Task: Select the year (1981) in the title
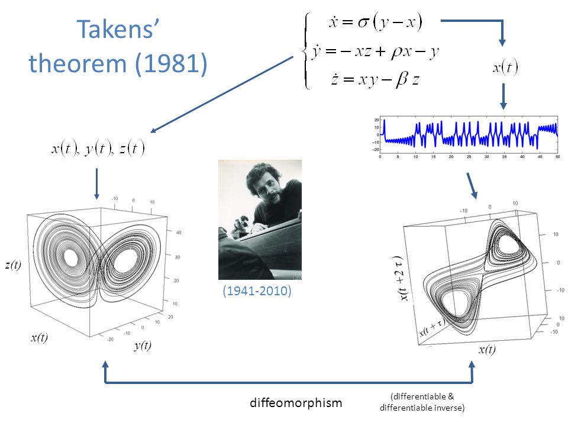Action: coord(171,63)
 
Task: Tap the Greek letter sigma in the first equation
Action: coord(364,22)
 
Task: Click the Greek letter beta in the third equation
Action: coord(401,79)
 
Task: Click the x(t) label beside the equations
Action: coord(505,67)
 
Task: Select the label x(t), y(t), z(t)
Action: coord(98,148)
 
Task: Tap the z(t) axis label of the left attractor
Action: coord(13,265)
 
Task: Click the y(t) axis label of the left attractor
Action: coord(143,345)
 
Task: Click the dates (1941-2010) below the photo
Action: coord(257,291)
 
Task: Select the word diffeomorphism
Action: coord(296,402)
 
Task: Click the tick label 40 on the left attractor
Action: coord(179,232)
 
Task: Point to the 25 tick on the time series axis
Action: coord(469,157)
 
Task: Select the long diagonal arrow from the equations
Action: coord(222,94)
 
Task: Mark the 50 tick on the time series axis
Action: coord(557,157)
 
